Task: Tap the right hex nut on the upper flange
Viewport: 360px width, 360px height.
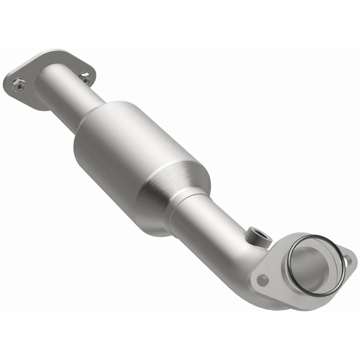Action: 85,78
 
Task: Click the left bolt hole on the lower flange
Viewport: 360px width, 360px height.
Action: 262,280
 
